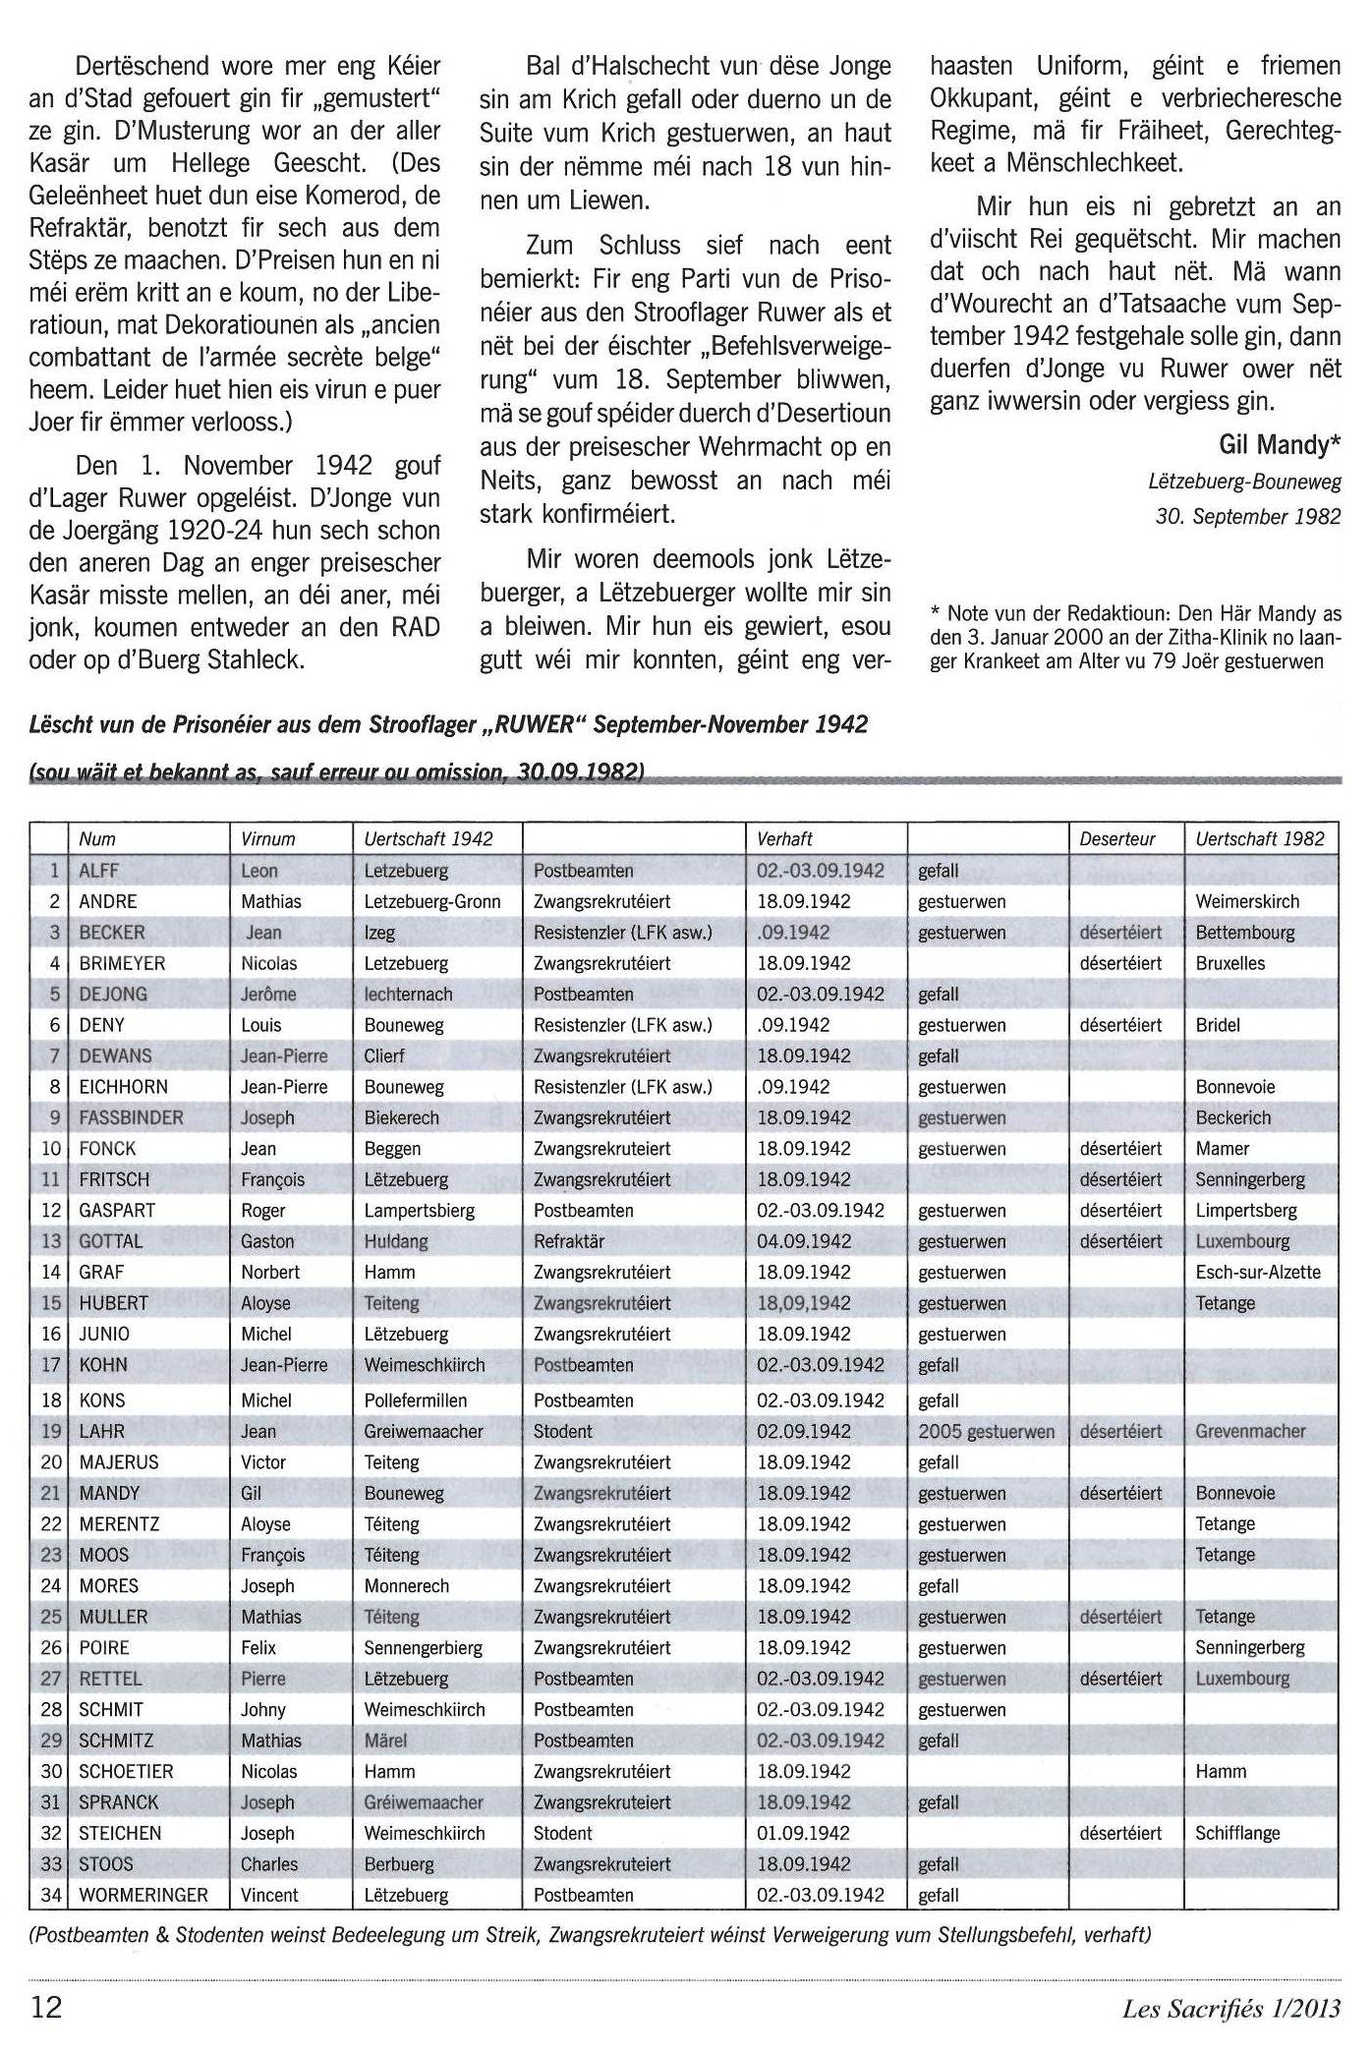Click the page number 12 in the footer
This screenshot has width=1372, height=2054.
(46, 2005)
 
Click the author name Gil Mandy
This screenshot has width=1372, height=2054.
(1279, 445)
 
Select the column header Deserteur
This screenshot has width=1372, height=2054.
(1116, 838)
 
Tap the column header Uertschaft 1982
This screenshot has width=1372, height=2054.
(1259, 838)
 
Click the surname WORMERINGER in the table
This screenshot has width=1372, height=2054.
(143, 1894)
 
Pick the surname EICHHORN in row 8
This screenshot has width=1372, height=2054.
(123, 1086)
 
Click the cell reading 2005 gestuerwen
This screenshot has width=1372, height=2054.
(986, 1431)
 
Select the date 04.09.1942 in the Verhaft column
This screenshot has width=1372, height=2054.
(803, 1240)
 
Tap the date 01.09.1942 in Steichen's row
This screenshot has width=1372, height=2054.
(803, 1832)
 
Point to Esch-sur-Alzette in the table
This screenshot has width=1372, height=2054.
(1257, 1272)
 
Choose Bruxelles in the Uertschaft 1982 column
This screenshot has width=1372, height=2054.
(1229, 963)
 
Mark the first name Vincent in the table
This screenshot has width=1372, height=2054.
(269, 1894)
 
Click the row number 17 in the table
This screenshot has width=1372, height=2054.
(51, 1364)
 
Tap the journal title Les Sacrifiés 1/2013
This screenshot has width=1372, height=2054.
(1230, 2007)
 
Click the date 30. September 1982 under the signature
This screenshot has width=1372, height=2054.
(1247, 516)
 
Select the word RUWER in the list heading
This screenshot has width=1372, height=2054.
(534, 724)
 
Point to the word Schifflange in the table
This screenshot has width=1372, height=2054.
(1237, 1832)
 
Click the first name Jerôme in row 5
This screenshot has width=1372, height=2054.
(268, 994)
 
